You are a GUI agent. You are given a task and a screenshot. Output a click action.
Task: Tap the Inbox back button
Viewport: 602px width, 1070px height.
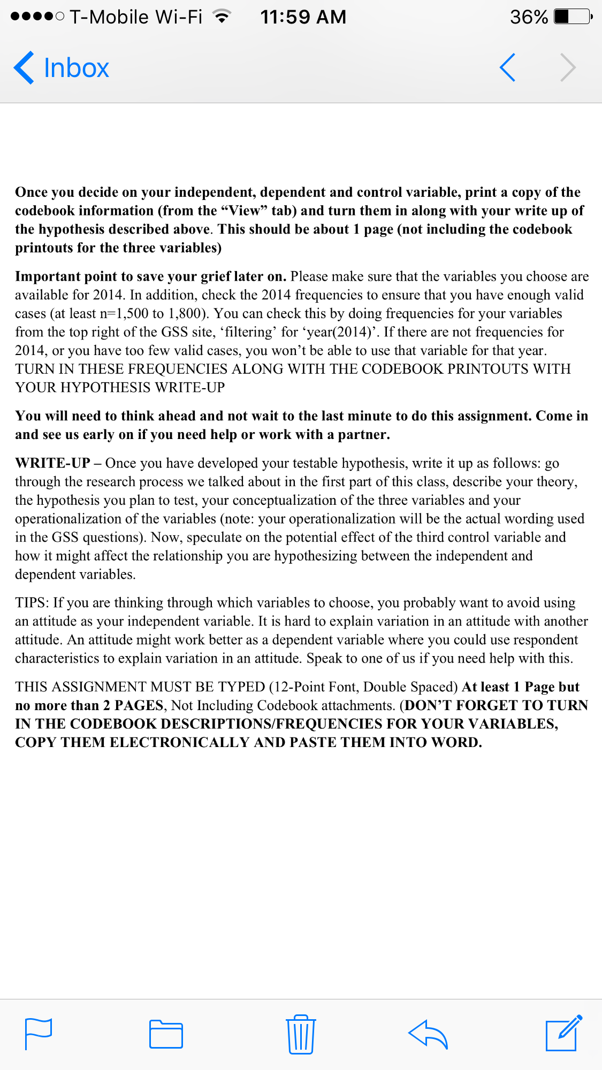pos(62,68)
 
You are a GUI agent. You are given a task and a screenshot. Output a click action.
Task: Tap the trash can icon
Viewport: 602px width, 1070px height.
pos(301,1034)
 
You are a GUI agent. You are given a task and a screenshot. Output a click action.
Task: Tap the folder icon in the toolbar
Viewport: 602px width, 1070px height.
pos(166,1034)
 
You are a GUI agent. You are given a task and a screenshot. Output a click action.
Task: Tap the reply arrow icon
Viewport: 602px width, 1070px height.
pos(428,1034)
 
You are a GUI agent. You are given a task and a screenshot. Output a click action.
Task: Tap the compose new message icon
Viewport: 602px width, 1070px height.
pos(563,1033)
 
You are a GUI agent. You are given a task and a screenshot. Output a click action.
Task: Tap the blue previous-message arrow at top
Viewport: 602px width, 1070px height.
pos(507,68)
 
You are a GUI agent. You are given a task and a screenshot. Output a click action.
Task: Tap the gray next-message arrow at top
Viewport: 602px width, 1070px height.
pos(568,68)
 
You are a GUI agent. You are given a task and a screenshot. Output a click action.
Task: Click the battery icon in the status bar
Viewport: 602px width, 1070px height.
pos(573,17)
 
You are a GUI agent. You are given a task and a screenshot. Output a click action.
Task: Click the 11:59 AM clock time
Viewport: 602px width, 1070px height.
pos(303,17)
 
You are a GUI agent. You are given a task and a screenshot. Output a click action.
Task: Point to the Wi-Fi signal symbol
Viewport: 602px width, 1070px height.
pos(221,17)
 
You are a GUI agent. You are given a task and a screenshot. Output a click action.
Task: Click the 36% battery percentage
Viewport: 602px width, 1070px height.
pos(529,17)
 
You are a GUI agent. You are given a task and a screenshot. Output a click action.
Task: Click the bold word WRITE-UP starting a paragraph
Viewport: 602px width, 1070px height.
pos(52,463)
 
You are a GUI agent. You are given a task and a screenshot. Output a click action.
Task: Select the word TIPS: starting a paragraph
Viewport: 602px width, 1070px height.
pos(32,603)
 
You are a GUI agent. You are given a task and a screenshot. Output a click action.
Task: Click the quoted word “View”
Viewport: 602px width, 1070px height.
pos(244,211)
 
